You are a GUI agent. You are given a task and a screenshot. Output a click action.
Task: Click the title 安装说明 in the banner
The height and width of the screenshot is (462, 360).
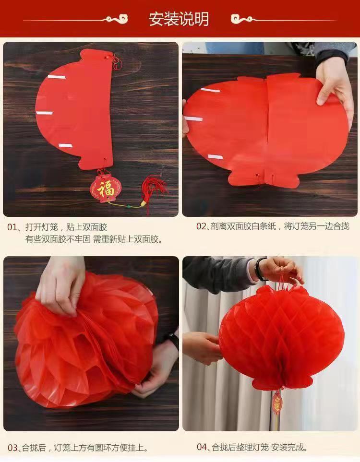(179, 19)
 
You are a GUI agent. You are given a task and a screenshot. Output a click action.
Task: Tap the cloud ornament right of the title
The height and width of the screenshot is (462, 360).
(242, 19)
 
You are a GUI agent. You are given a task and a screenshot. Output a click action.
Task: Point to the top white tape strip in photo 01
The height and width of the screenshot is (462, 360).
(53, 77)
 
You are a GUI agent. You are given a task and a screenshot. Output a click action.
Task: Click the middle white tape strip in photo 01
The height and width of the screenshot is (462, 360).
(44, 113)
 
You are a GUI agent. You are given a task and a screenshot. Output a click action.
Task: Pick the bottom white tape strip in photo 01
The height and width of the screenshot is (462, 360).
(65, 145)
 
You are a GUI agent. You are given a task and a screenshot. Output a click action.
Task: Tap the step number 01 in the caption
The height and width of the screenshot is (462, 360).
(12, 226)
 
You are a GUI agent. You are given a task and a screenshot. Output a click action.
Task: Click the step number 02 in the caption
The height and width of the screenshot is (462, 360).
(201, 226)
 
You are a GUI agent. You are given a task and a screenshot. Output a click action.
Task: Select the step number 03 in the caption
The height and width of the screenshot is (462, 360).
(12, 448)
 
